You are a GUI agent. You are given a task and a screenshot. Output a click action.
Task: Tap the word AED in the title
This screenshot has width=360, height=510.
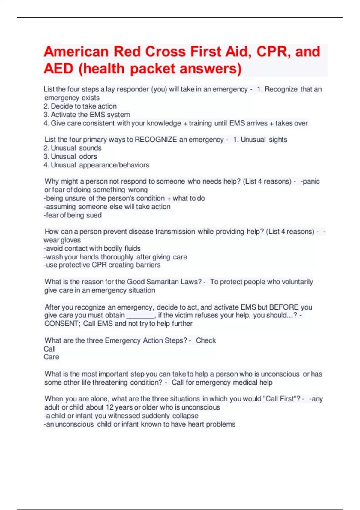pyautogui.click(x=58, y=69)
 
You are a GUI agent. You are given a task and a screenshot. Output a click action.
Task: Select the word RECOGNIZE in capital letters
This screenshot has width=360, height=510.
pyautogui.click(x=156, y=139)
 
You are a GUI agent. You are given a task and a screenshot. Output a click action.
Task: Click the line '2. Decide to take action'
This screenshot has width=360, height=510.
pyautogui.click(x=80, y=106)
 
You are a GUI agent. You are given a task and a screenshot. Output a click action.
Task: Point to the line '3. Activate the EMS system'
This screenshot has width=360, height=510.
pyautogui.click(x=87, y=115)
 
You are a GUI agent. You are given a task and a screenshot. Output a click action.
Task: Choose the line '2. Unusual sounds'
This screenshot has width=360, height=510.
pyautogui.click(x=72, y=148)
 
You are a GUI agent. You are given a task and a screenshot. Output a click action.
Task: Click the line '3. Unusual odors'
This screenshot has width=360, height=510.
pyautogui.click(x=70, y=156)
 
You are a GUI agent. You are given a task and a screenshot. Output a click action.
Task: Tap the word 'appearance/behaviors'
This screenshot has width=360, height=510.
pyautogui.click(x=114, y=165)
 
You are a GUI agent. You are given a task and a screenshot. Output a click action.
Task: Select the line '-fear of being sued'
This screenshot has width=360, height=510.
pyautogui.click(x=73, y=215)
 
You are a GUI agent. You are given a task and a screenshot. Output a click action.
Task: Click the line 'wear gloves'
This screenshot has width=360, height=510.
pyautogui.click(x=62, y=240)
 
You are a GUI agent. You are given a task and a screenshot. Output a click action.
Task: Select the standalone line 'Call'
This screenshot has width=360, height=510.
pyautogui.click(x=49, y=349)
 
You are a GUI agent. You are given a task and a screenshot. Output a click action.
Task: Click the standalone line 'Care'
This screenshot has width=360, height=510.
pyautogui.click(x=51, y=357)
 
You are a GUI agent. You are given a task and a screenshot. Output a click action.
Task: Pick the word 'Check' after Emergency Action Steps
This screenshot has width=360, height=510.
pyautogui.click(x=206, y=340)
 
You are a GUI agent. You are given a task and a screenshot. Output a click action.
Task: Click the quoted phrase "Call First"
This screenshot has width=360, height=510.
pyautogui.click(x=280, y=399)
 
